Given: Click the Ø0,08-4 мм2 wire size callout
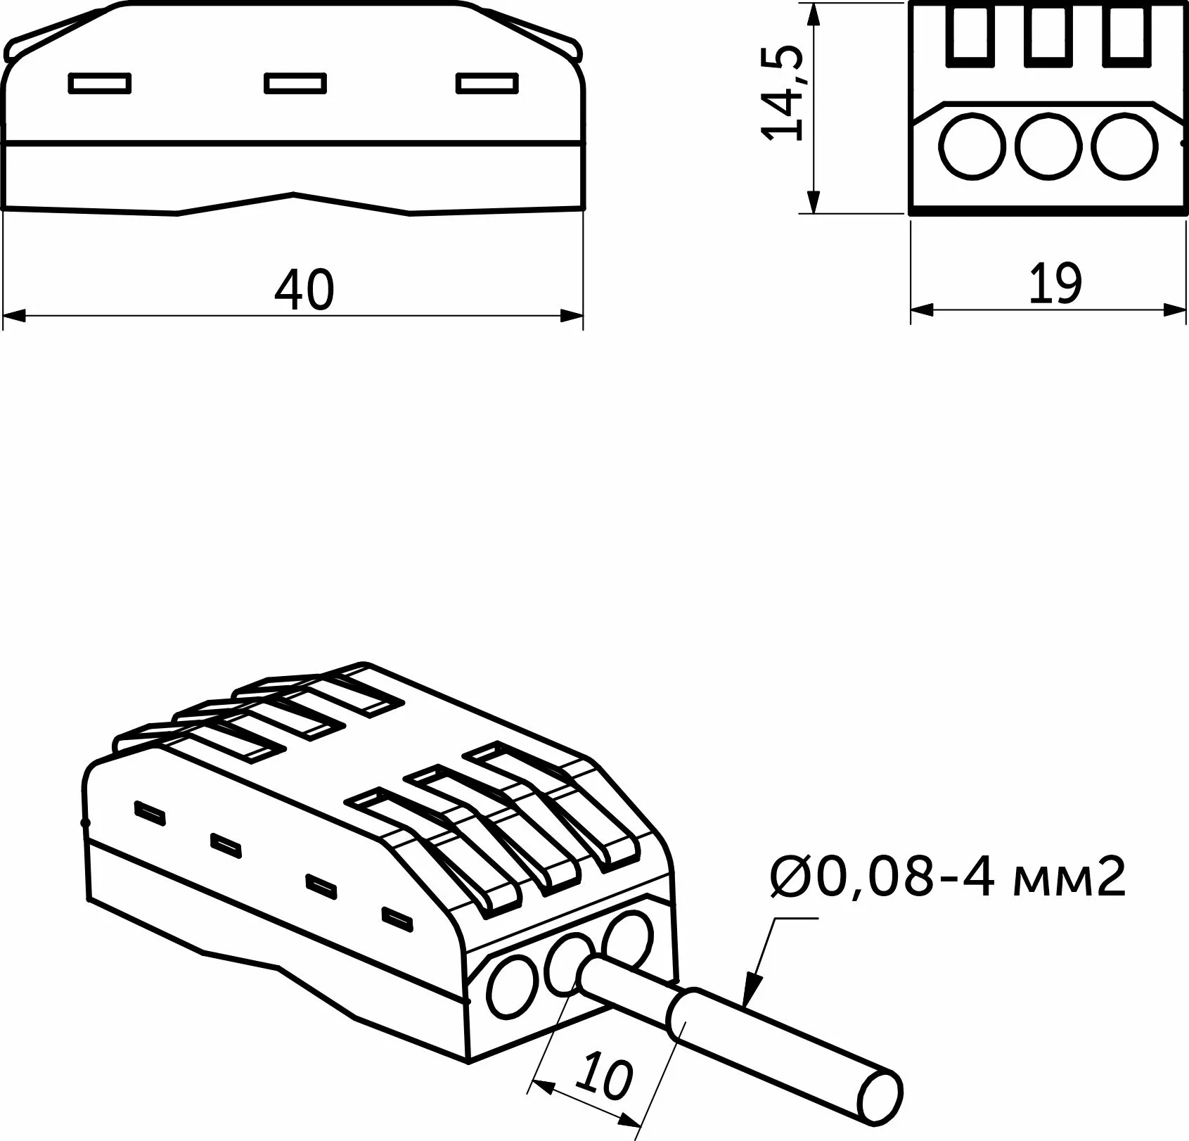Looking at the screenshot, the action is [948, 877].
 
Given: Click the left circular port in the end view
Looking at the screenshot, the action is [971, 145].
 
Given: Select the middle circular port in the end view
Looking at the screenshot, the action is [1048, 145].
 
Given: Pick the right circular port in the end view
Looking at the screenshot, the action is [1124, 145].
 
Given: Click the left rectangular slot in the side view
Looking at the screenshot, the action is [100, 83].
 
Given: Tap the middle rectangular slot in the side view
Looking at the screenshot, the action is [295, 83].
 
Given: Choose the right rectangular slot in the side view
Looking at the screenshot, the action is [487, 83].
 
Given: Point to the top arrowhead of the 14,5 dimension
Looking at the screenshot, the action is [814, 14].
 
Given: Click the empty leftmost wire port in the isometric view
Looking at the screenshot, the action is [513, 988].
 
